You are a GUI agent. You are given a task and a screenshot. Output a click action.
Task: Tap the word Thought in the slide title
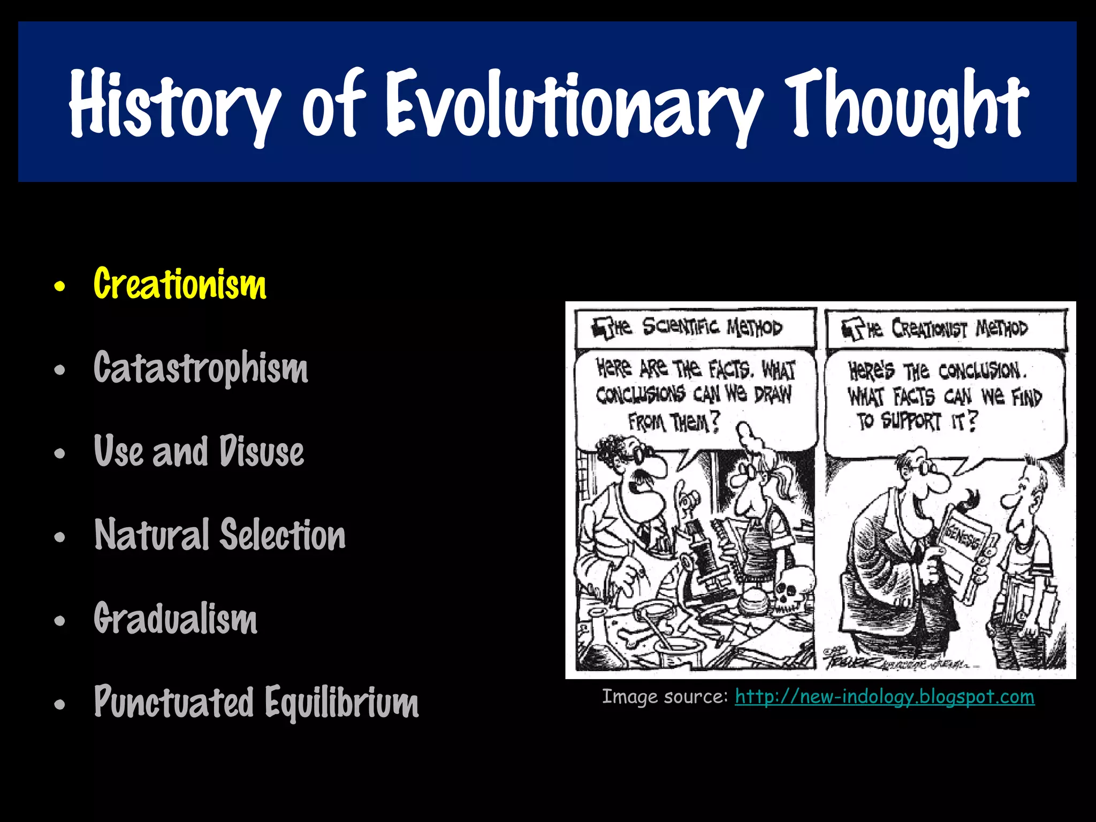coord(907,104)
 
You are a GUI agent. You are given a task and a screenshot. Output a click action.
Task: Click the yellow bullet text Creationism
coord(180,284)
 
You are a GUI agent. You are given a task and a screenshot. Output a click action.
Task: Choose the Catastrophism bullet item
coord(201,368)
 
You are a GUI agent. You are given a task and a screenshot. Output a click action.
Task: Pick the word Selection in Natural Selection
coord(284,535)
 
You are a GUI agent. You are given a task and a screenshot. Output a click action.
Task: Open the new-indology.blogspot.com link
coord(884,697)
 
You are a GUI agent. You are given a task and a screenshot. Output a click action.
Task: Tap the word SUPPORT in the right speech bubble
coord(911,421)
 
